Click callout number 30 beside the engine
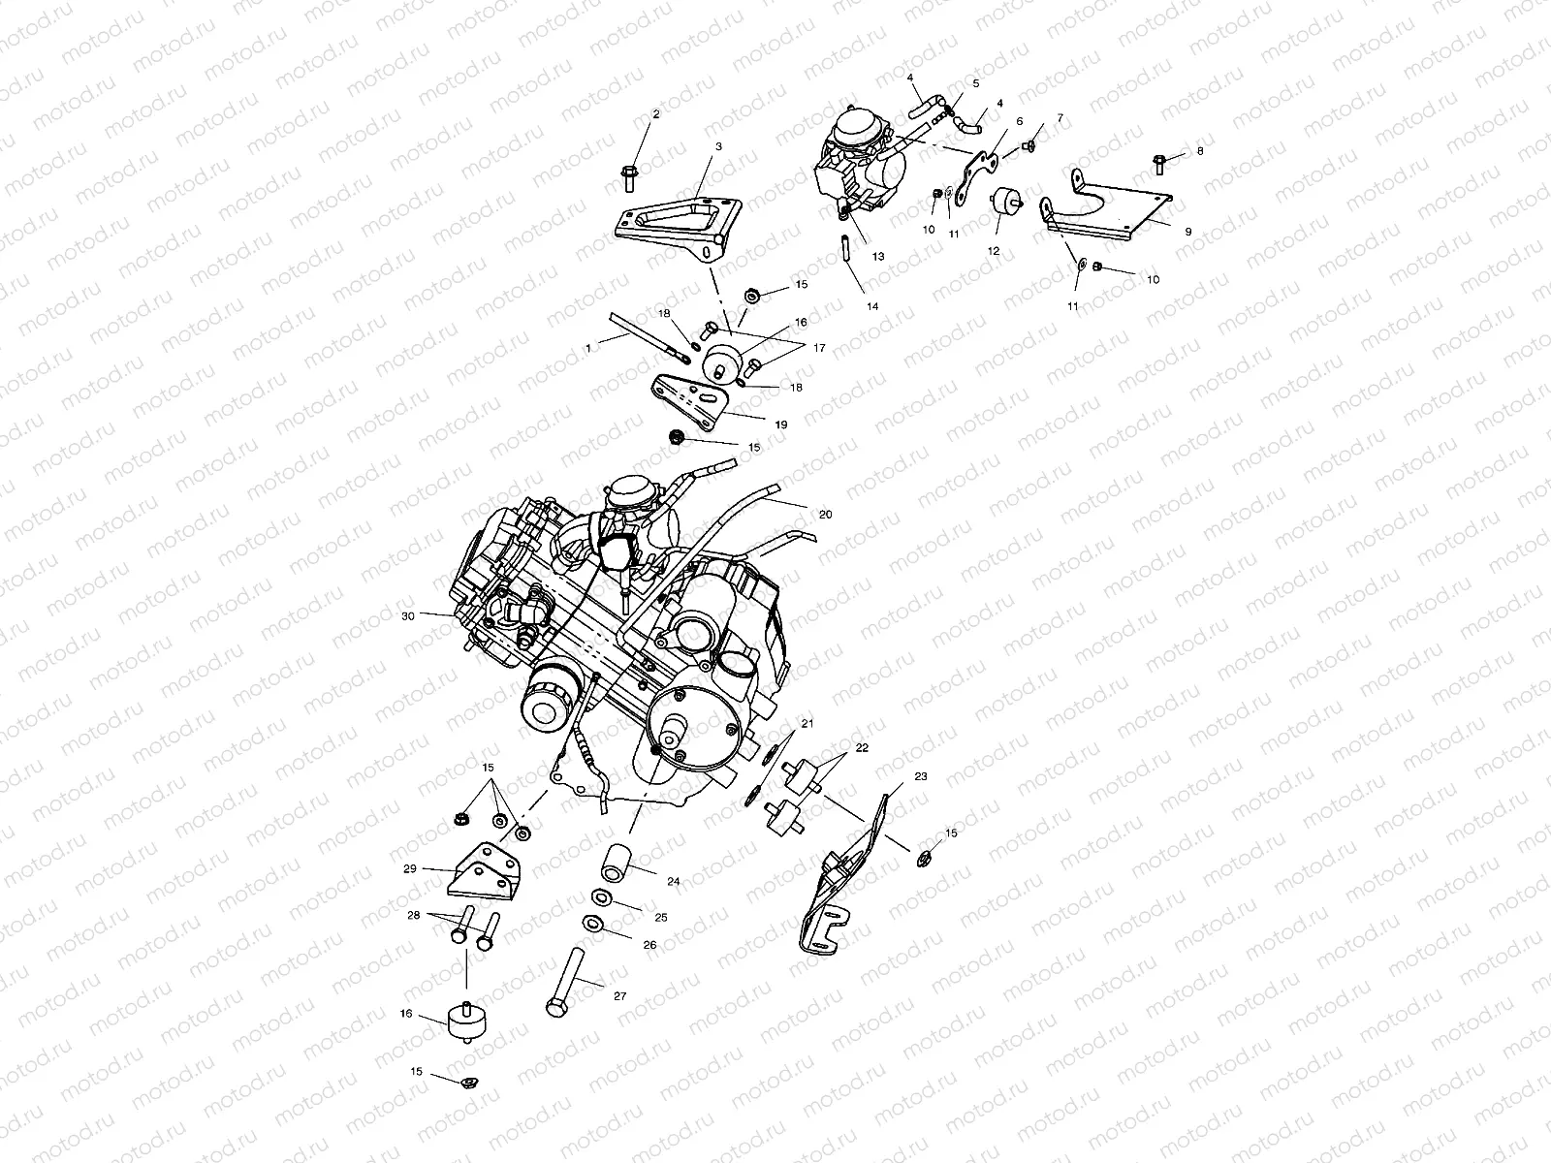coord(408,616)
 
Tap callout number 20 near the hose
coord(825,515)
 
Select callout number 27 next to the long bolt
coord(619,996)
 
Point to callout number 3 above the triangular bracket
coord(718,147)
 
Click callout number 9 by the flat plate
coord(1188,232)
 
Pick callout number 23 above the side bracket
coord(921,776)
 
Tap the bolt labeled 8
coord(1158,164)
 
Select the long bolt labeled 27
coord(567,982)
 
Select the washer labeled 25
coord(602,898)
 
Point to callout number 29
coord(410,869)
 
